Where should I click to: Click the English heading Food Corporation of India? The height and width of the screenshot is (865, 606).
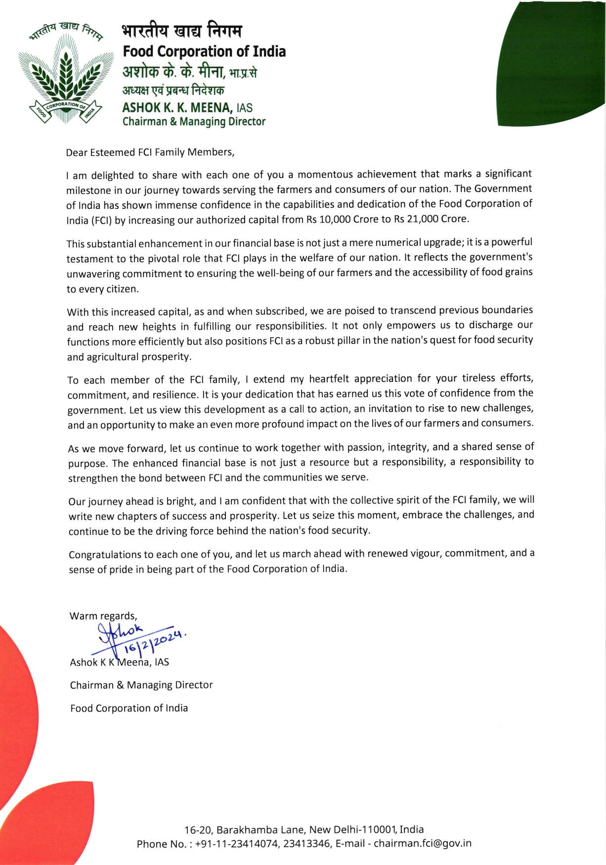pyautogui.click(x=204, y=51)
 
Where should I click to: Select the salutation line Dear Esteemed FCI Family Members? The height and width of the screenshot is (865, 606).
pyautogui.click(x=150, y=152)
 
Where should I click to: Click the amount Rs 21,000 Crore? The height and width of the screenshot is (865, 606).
pyautogui.click(x=431, y=219)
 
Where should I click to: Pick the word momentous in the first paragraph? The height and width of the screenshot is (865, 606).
pyautogui.click(x=325, y=174)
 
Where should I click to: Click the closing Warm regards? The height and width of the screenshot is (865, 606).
pyautogui.click(x=103, y=616)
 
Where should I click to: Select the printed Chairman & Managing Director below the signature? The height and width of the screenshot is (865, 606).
pyautogui.click(x=141, y=685)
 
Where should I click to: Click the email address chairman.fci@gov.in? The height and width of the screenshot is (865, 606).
pyautogui.click(x=423, y=843)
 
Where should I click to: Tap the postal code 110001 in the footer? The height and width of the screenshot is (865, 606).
pyautogui.click(x=380, y=829)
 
